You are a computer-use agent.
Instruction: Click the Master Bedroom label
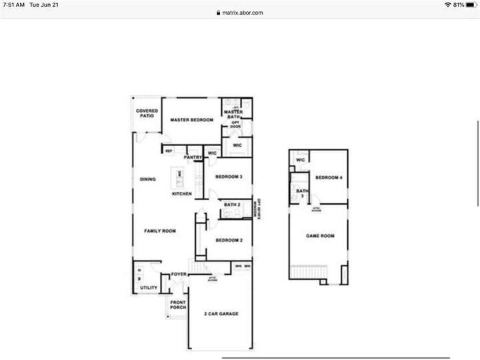(191, 120)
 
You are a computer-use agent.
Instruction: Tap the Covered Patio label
(147, 113)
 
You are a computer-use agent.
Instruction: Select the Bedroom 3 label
(228, 177)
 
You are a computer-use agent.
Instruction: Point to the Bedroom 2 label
(228, 240)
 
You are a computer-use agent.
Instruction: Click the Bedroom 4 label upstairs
(329, 177)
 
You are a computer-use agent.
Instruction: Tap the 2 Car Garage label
(221, 313)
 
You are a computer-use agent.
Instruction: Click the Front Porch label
(177, 305)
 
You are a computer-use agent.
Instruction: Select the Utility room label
(149, 287)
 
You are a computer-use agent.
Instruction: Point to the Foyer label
(179, 274)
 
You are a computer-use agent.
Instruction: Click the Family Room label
(160, 231)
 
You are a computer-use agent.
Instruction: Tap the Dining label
(147, 179)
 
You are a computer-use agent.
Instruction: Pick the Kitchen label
(182, 194)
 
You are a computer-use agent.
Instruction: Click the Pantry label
(193, 157)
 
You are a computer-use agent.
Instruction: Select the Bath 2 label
(232, 205)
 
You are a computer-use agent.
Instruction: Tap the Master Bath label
(233, 115)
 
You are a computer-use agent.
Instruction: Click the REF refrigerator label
(169, 151)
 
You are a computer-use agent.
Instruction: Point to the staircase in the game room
(307, 272)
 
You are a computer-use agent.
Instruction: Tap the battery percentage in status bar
(459, 5)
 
